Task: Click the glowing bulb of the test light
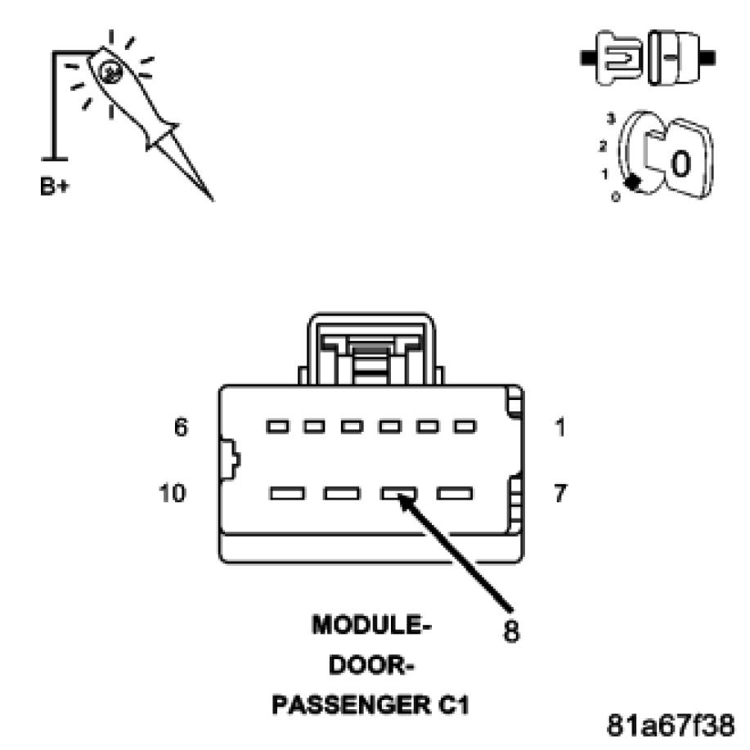[x=109, y=73]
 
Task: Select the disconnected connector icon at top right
[x=647, y=57]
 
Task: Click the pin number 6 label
[x=182, y=427]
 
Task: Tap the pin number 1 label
[x=560, y=427]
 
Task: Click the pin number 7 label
[x=560, y=493]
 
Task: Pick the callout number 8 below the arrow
[x=510, y=631]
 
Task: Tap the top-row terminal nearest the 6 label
[x=277, y=427]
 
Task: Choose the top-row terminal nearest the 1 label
[x=465, y=427]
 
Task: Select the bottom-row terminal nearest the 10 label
[x=285, y=494]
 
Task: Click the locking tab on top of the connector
[x=371, y=348]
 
